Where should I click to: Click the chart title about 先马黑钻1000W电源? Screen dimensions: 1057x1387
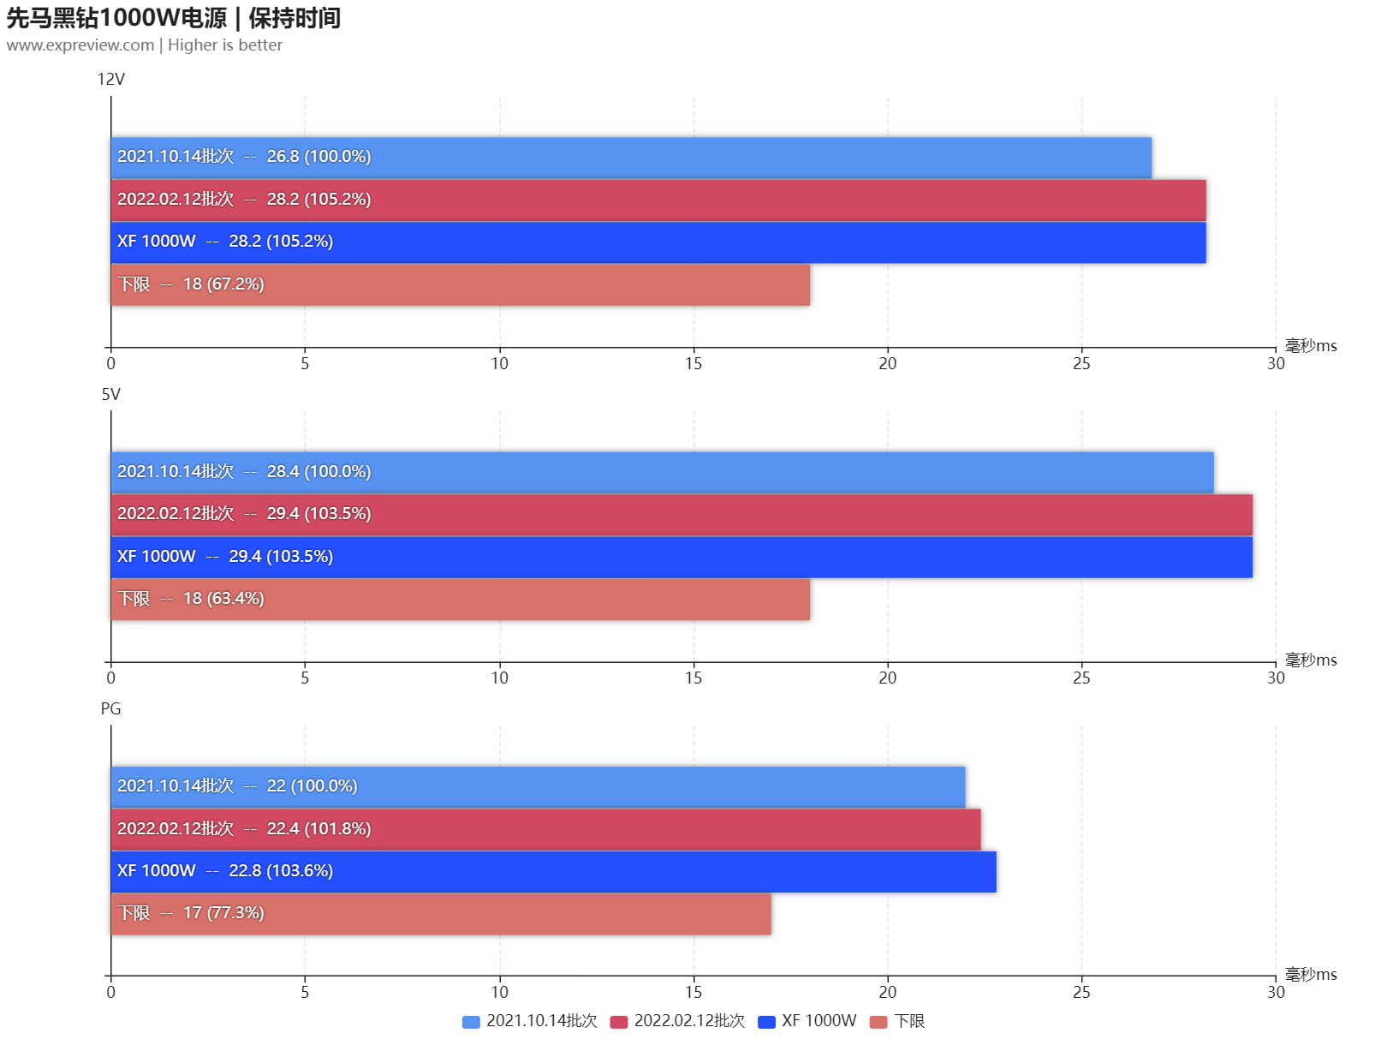click(173, 18)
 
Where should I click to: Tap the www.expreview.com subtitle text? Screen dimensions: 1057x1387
click(144, 45)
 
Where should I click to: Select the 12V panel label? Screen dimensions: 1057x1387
click(110, 80)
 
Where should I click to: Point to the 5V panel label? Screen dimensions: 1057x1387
click(110, 395)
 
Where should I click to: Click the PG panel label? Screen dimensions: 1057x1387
click(110, 709)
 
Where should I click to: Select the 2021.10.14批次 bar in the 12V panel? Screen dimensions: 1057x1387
click(631, 158)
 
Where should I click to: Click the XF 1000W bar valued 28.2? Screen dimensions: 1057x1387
click(658, 242)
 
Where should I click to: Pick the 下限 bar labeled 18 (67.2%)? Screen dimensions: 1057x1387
click(460, 284)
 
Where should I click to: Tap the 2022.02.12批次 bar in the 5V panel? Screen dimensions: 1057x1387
click(681, 515)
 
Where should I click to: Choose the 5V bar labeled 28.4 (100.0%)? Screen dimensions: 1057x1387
click(662, 473)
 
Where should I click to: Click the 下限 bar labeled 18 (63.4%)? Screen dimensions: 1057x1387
click(460, 600)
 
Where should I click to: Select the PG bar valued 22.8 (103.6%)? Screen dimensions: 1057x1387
click(553, 872)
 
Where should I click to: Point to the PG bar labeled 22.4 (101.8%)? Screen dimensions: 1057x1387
click(545, 829)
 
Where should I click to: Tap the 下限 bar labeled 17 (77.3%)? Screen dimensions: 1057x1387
click(441, 914)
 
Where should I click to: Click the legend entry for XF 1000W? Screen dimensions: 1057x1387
click(807, 1021)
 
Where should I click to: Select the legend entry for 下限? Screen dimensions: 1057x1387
click(897, 1021)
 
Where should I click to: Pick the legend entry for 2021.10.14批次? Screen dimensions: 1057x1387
click(530, 1021)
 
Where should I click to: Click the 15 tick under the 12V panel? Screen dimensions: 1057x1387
click(693, 364)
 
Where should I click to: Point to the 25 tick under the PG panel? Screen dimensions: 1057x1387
click(1081, 993)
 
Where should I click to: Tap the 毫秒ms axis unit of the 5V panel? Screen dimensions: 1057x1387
click(1310, 660)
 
